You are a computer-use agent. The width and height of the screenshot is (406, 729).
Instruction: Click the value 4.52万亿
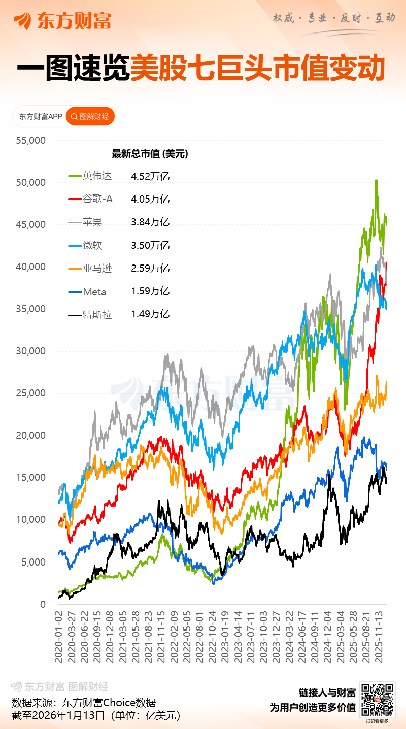[x=150, y=176]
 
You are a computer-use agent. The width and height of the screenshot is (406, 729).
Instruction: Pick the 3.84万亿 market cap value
[x=150, y=222]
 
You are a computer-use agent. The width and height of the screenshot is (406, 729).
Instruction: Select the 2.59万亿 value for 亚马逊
[x=150, y=269]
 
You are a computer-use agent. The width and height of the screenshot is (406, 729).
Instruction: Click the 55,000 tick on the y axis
[x=31, y=140]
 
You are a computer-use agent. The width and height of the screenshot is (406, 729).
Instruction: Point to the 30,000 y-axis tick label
[x=31, y=351]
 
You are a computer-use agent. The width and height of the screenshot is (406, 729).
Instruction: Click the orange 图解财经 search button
[x=90, y=117]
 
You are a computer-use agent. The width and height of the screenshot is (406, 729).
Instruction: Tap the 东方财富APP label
[x=41, y=117]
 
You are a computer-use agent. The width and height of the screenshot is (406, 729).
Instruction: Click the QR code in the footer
[x=377, y=700]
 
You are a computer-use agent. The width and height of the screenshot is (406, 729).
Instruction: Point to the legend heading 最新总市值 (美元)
[x=150, y=154]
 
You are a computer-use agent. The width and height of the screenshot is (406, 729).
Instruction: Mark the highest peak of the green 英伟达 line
[x=376, y=180]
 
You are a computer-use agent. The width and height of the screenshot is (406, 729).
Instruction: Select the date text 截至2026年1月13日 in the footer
[x=58, y=716]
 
